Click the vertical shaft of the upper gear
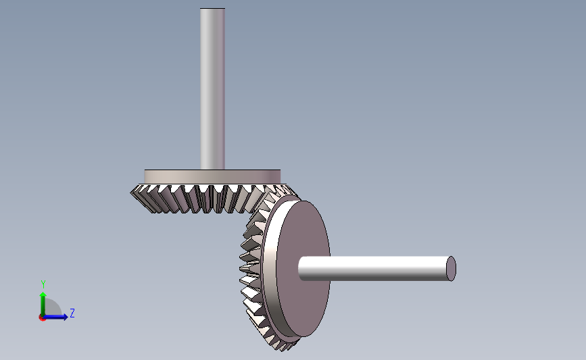tap(212, 89)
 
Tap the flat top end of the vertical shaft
tap(212, 8)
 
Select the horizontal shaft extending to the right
tap(376, 269)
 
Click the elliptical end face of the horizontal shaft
tap(451, 269)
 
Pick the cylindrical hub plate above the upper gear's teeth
tap(212, 177)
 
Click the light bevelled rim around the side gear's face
tap(269, 269)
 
